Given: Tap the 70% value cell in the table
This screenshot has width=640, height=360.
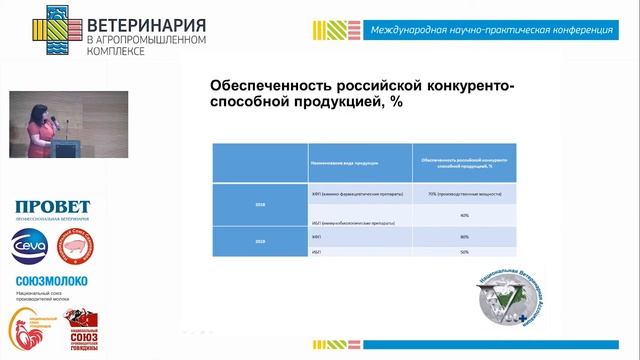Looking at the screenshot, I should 464,193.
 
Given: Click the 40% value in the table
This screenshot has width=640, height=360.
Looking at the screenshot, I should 464,215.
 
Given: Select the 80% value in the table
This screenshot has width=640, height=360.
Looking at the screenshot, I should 464,237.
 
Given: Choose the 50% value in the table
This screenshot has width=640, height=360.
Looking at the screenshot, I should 464,252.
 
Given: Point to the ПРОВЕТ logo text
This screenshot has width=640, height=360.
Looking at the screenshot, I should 52,207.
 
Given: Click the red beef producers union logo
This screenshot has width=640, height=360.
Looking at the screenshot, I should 81,331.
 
